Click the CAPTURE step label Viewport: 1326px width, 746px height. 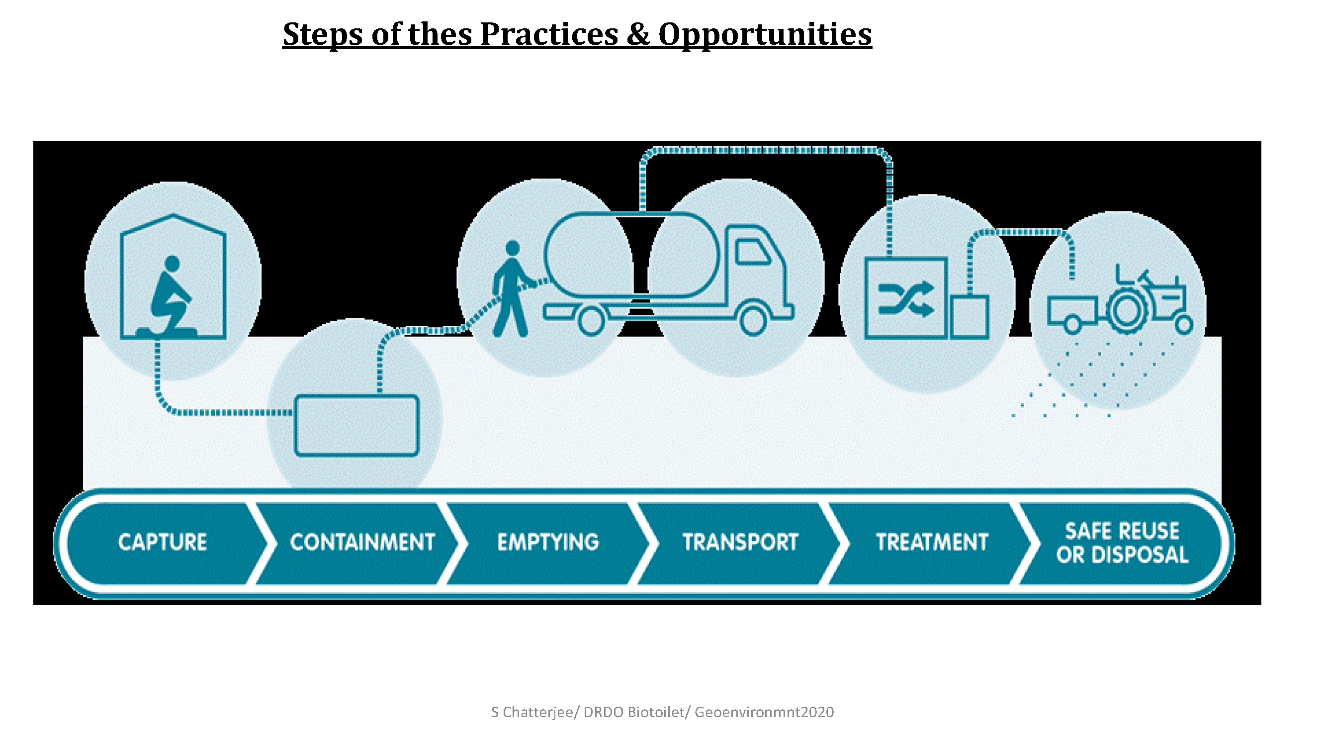click(163, 542)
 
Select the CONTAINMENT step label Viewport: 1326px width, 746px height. click(362, 542)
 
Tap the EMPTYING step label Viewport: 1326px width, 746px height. click(548, 542)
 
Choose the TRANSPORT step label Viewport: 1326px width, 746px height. click(740, 542)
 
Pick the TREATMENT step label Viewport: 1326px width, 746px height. click(932, 542)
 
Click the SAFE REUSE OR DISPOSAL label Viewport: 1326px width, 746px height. click(1122, 543)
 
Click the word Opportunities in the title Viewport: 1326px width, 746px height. click(765, 34)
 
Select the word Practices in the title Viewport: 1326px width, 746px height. click(549, 34)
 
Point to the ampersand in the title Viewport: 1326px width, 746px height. click(638, 34)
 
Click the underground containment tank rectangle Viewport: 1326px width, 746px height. click(356, 425)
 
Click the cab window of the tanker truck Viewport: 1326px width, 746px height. click(753, 252)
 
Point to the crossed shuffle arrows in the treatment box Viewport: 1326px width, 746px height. click(906, 298)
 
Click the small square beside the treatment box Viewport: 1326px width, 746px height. click(970, 317)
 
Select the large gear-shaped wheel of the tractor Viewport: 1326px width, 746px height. click(1127, 311)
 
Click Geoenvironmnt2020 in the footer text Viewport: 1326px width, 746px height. click(764, 712)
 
